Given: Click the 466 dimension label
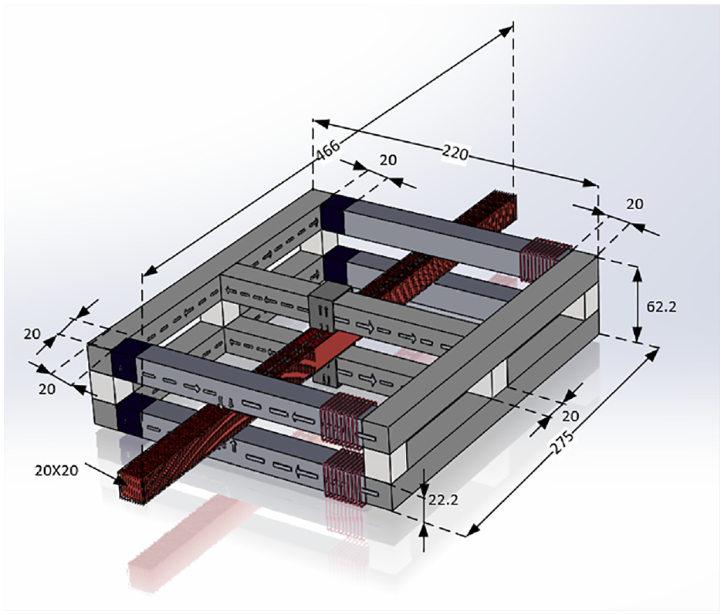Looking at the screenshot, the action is click(328, 150).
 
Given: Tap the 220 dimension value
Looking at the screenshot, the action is click(455, 152).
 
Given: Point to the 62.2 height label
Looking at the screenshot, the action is click(661, 306).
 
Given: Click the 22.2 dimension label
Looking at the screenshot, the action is click(443, 499).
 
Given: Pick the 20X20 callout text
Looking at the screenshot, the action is click(56, 471).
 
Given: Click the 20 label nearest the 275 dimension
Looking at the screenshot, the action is click(570, 416).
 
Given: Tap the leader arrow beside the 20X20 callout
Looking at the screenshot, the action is click(105, 473).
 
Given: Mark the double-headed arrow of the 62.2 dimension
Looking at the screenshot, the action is click(638, 304).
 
